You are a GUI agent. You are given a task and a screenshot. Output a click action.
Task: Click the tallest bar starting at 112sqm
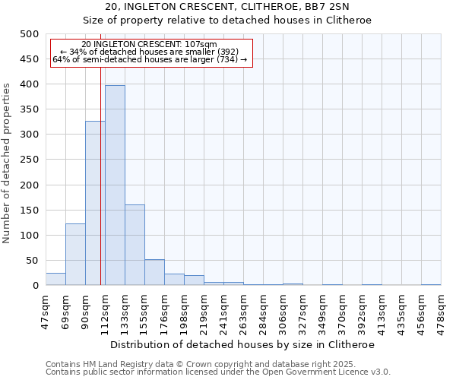pos(115,185)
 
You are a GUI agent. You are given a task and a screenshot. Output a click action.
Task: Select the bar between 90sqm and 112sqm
pos(95,203)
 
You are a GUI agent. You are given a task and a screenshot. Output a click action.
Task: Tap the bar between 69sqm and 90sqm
pos(75,255)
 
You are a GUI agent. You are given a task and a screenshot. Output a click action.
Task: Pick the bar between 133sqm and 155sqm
pos(135,245)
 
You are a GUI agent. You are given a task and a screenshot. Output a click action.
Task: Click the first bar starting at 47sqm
pos(55,279)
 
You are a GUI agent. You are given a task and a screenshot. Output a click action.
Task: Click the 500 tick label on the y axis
pos(29,34)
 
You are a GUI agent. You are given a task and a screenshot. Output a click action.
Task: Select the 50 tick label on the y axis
pos(32,261)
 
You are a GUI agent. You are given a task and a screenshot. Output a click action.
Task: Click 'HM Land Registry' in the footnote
pos(111,364)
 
